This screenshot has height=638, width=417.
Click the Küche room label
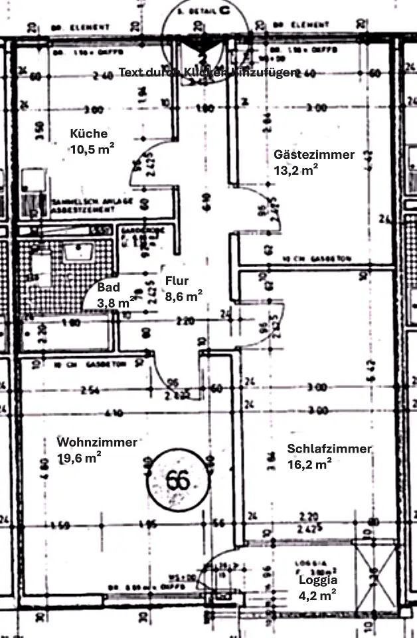click(x=88, y=134)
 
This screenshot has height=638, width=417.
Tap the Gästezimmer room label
click(x=314, y=155)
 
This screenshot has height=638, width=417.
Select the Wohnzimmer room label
click(x=97, y=442)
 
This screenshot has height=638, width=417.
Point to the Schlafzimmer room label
click(x=329, y=449)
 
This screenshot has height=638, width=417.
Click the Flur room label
click(x=177, y=280)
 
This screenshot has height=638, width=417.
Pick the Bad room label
click(x=108, y=288)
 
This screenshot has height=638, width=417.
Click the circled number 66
click(x=177, y=480)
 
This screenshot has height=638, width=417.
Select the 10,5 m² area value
click(x=92, y=150)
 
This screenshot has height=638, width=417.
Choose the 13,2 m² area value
click(x=295, y=171)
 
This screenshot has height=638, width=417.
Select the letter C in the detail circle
click(x=225, y=11)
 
